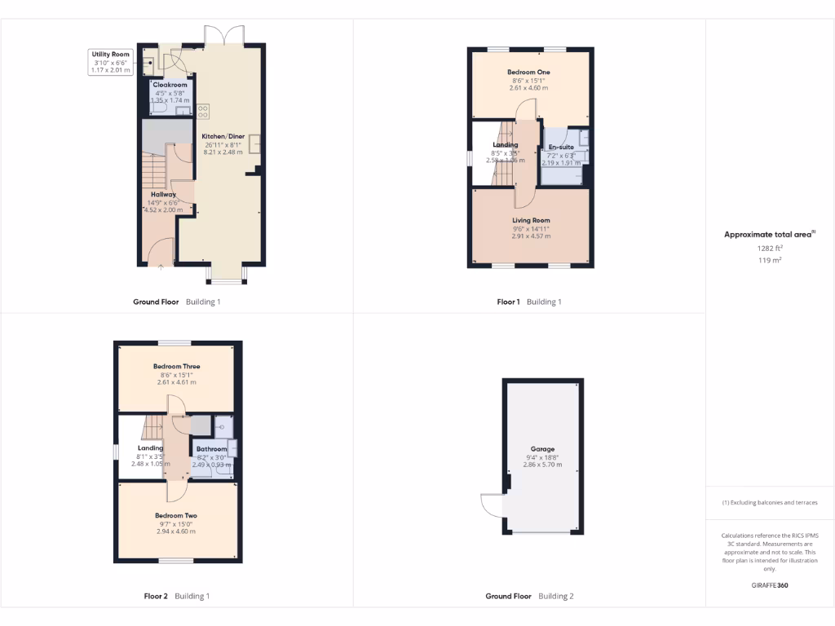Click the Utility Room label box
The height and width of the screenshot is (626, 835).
click(x=111, y=62)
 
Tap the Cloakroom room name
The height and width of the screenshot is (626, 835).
click(x=170, y=85)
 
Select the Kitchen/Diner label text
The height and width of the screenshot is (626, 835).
click(x=223, y=137)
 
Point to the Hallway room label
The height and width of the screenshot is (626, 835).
click(x=163, y=195)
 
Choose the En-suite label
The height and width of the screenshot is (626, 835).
click(x=561, y=147)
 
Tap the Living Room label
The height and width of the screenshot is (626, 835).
click(x=531, y=221)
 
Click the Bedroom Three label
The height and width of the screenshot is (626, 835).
click(x=176, y=367)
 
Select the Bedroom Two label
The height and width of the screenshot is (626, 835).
click(x=176, y=516)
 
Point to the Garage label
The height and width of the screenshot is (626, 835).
click(x=542, y=449)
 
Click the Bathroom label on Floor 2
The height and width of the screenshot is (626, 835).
click(x=211, y=449)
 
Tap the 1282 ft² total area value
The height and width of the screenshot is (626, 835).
click(x=769, y=249)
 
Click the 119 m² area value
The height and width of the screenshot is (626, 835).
click(x=769, y=261)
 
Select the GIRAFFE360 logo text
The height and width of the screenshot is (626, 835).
click(x=769, y=585)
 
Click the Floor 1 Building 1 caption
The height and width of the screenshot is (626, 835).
click(x=529, y=302)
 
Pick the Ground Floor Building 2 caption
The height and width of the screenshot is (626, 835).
click(x=529, y=596)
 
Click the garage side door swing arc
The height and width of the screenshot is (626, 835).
click(x=491, y=505)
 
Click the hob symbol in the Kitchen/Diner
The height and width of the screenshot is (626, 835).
click(x=203, y=112)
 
